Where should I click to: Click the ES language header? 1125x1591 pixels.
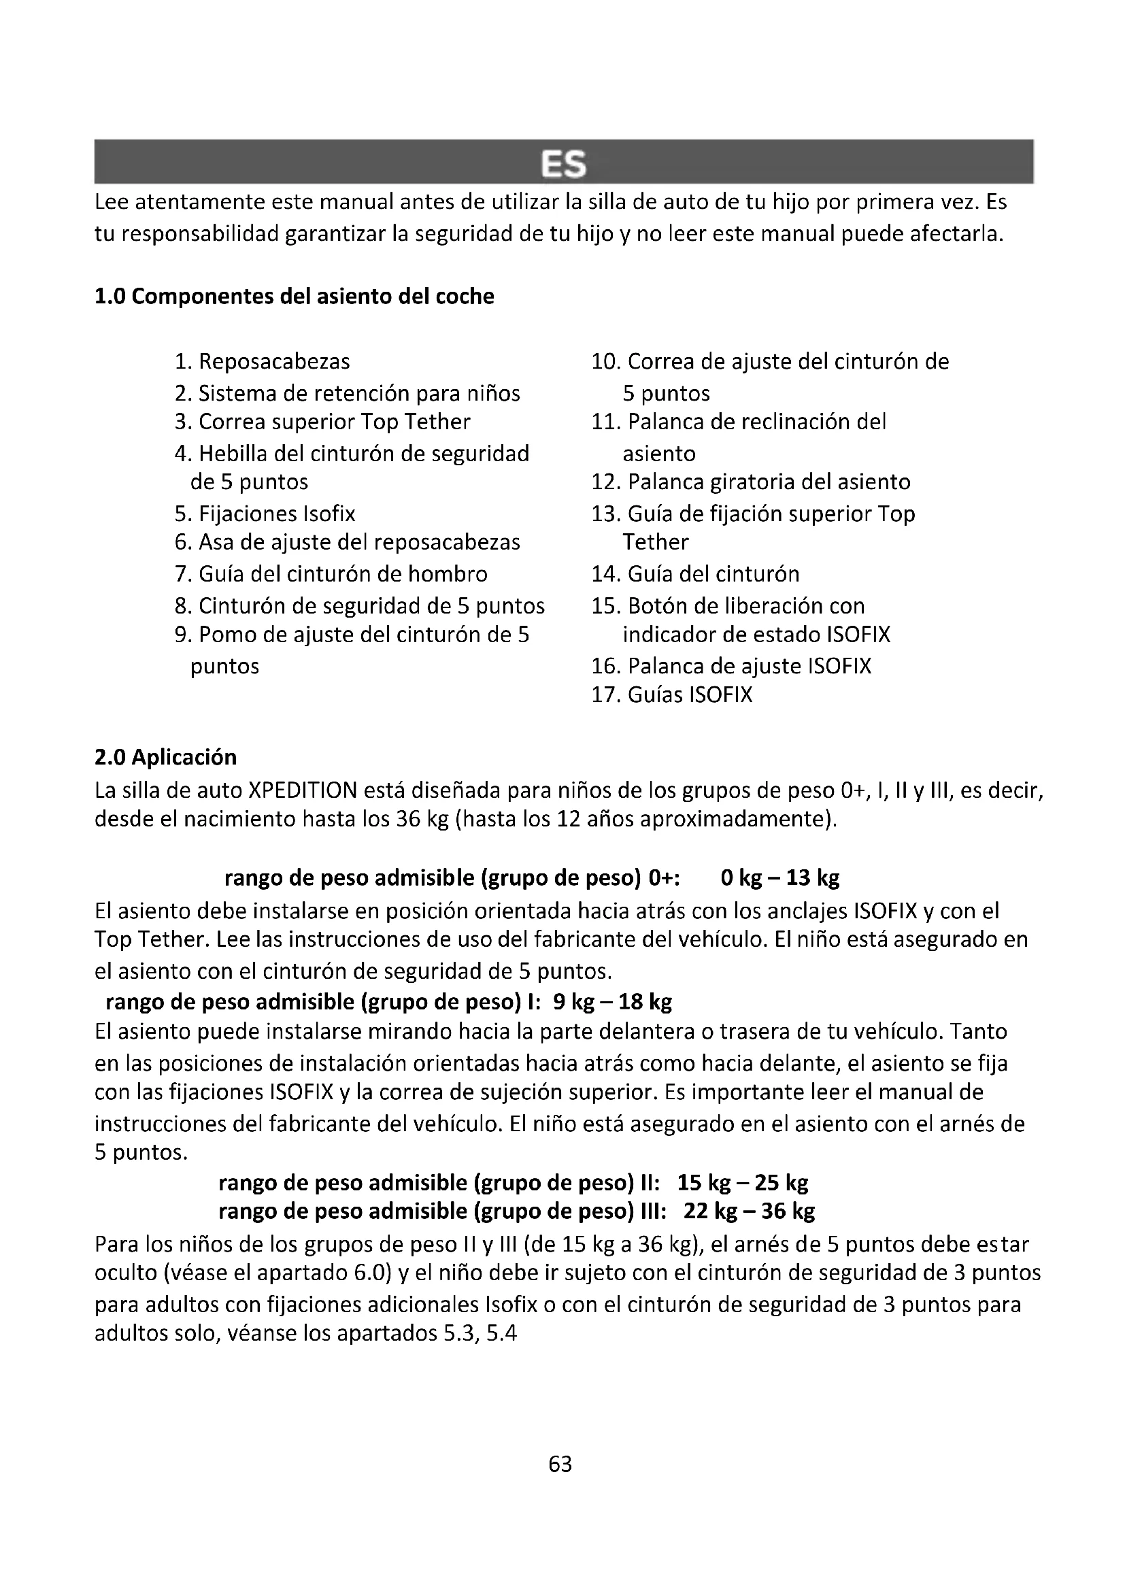[x=562, y=164]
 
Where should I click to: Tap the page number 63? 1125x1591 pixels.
[x=560, y=1464]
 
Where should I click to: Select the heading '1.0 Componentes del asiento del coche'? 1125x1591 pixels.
[x=295, y=297]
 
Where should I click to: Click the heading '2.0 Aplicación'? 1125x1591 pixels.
[x=165, y=756]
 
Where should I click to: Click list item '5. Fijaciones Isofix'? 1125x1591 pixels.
[x=265, y=514]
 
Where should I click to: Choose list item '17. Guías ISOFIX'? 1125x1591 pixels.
[x=671, y=695]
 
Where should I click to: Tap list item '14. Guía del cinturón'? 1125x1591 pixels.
[x=695, y=575]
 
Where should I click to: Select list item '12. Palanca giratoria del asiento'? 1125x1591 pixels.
[x=751, y=482]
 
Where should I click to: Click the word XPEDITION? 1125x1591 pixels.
[x=302, y=790]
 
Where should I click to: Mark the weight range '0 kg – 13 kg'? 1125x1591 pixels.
[x=780, y=878]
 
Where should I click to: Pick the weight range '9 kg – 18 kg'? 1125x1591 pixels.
[x=612, y=1002]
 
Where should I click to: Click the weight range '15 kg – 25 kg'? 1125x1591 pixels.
[x=743, y=1183]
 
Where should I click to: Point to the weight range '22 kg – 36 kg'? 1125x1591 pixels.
[x=749, y=1211]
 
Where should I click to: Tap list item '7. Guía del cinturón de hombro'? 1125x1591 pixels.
[x=331, y=575]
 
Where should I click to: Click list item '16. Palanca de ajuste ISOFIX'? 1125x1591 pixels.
[x=731, y=667]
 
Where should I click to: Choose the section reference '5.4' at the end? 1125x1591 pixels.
[x=501, y=1334]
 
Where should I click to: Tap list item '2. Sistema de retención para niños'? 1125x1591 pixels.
[x=347, y=394]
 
